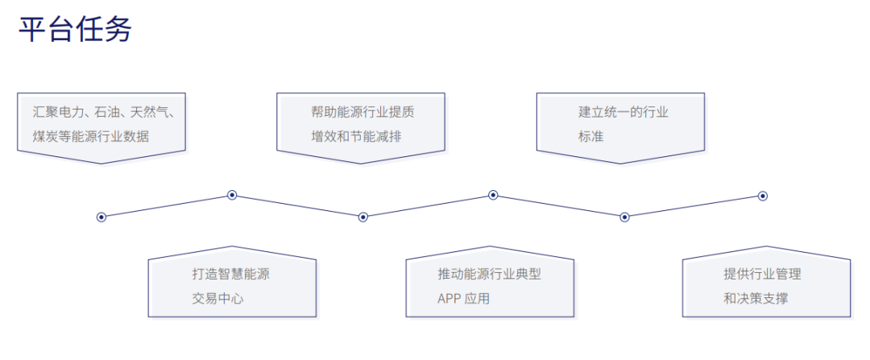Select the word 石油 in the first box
pos(111,112)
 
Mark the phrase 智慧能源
pos(244,274)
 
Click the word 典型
pos(528,274)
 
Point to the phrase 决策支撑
pos(762,299)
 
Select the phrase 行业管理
pos(775,274)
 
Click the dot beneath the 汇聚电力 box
pos(101,217)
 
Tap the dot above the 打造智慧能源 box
pos(232,195)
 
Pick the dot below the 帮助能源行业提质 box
pos(363,217)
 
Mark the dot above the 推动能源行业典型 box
pos(493,195)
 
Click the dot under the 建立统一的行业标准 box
pos(624,217)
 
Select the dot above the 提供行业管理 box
pos(763,196)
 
